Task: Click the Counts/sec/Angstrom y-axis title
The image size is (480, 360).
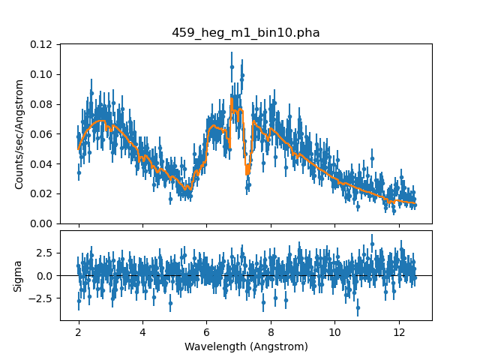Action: tap(19, 133)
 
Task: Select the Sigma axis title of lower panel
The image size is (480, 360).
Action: tap(19, 275)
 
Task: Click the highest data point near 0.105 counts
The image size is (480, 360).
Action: tap(232, 67)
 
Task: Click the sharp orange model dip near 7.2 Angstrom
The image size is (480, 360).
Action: tap(247, 172)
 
